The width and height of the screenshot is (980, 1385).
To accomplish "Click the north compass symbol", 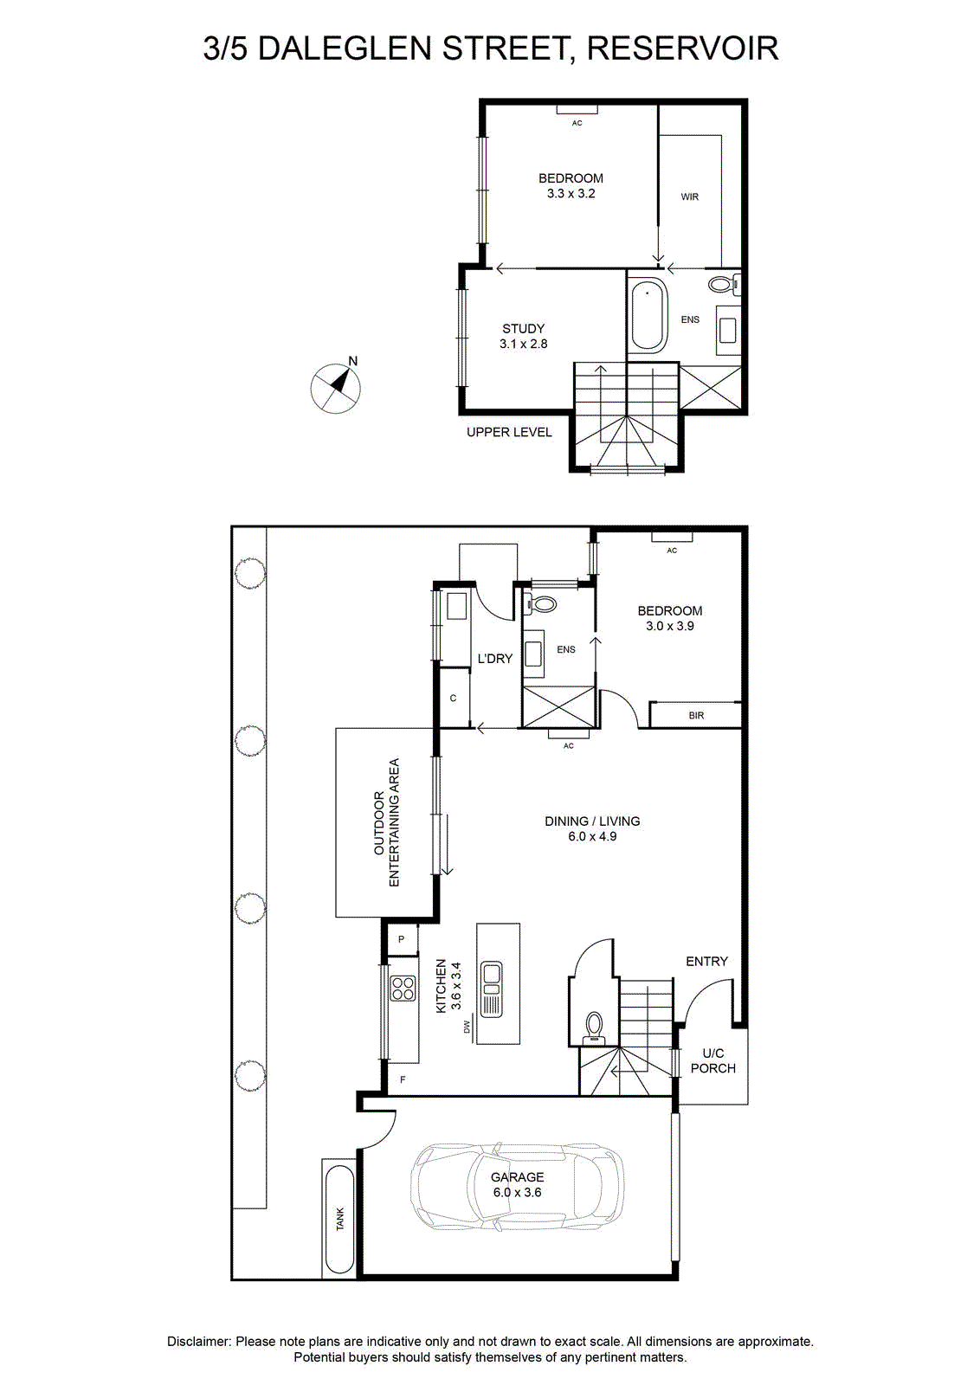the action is coord(335,388).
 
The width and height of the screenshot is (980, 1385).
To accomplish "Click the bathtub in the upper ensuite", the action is coord(648,313).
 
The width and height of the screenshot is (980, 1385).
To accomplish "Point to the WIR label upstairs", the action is coord(689,196).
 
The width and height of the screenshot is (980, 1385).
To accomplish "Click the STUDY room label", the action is coord(523,329).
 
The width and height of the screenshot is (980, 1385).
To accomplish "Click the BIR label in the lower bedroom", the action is coord(696,715).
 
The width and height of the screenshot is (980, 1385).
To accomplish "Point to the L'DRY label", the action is coord(494,659).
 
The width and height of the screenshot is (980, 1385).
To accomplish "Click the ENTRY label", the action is coord(706,962).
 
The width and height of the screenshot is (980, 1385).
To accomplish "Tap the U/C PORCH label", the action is coord(712,1060).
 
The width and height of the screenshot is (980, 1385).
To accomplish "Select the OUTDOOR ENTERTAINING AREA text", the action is coord(386,822).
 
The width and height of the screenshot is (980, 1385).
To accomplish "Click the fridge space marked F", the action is coord(403,1080).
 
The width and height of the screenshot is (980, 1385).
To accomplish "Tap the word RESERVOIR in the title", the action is coord(682,48).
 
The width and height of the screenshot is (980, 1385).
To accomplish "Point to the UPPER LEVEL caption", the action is coord(509,432).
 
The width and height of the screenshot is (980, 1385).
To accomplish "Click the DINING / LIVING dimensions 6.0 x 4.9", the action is coord(592,836).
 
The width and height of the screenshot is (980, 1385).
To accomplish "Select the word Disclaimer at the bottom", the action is coord(198,1342).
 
